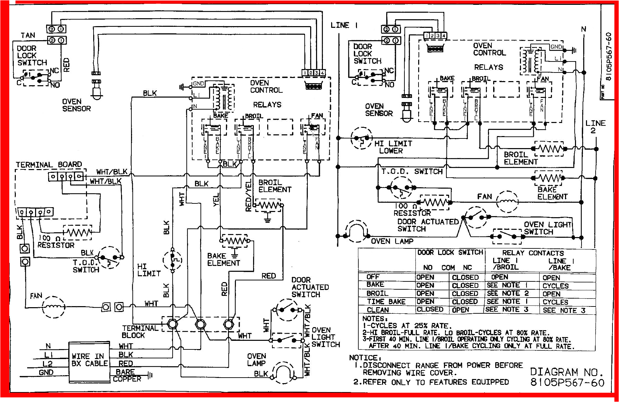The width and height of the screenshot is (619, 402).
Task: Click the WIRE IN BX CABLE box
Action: (x=89, y=362)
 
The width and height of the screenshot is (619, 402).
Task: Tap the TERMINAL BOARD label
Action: (x=49, y=165)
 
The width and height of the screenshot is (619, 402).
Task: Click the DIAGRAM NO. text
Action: (x=566, y=372)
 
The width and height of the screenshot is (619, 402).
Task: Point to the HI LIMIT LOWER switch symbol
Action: (x=361, y=138)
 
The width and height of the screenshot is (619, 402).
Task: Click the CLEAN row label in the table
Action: (x=378, y=310)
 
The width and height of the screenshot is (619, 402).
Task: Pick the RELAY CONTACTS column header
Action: (x=533, y=253)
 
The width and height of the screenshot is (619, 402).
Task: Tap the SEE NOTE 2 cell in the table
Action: (x=508, y=293)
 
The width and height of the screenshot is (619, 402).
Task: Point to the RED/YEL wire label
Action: (x=248, y=196)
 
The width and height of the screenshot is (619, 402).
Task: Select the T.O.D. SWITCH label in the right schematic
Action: (x=412, y=171)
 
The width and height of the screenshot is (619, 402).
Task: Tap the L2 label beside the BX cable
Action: (x=47, y=364)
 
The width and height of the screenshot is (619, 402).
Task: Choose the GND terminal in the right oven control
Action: (x=556, y=47)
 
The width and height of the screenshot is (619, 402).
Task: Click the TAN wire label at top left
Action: (x=28, y=35)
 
